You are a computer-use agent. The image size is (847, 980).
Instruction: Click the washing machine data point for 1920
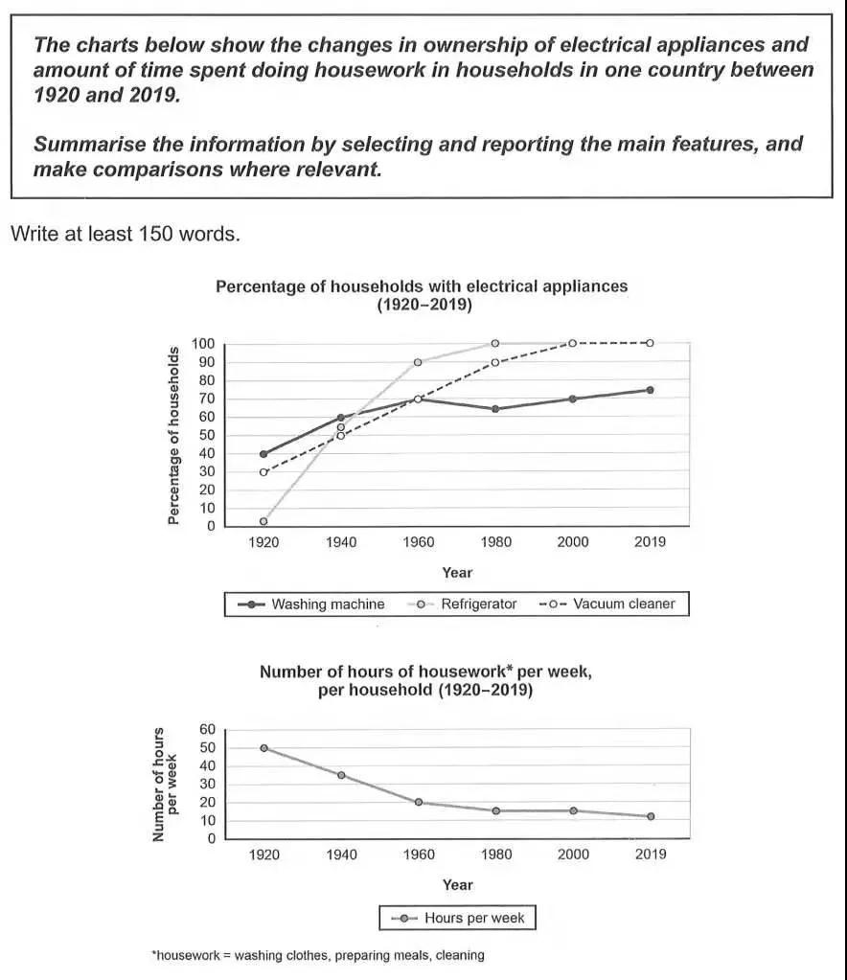263,454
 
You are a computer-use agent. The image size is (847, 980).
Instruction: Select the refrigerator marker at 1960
418,362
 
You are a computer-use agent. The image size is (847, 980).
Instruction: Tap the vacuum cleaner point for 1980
495,362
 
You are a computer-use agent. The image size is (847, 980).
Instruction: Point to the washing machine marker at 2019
650,390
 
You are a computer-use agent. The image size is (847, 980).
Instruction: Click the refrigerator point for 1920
263,521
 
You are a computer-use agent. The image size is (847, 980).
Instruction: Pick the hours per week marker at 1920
263,747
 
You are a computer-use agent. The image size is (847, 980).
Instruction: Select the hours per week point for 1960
418,803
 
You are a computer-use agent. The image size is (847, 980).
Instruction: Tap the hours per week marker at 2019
651,816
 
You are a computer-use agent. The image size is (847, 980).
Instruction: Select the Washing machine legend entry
315,604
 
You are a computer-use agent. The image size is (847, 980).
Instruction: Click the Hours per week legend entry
458,918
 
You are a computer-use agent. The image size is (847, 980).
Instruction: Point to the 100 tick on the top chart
202,344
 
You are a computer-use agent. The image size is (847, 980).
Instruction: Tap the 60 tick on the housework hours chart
208,729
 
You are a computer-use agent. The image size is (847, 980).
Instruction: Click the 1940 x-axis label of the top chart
340,542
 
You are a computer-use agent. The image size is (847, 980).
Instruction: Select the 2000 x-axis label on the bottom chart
573,855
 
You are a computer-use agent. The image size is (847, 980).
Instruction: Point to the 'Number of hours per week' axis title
166,784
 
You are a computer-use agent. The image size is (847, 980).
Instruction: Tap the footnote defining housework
318,955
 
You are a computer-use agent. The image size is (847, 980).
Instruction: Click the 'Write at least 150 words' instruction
125,234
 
